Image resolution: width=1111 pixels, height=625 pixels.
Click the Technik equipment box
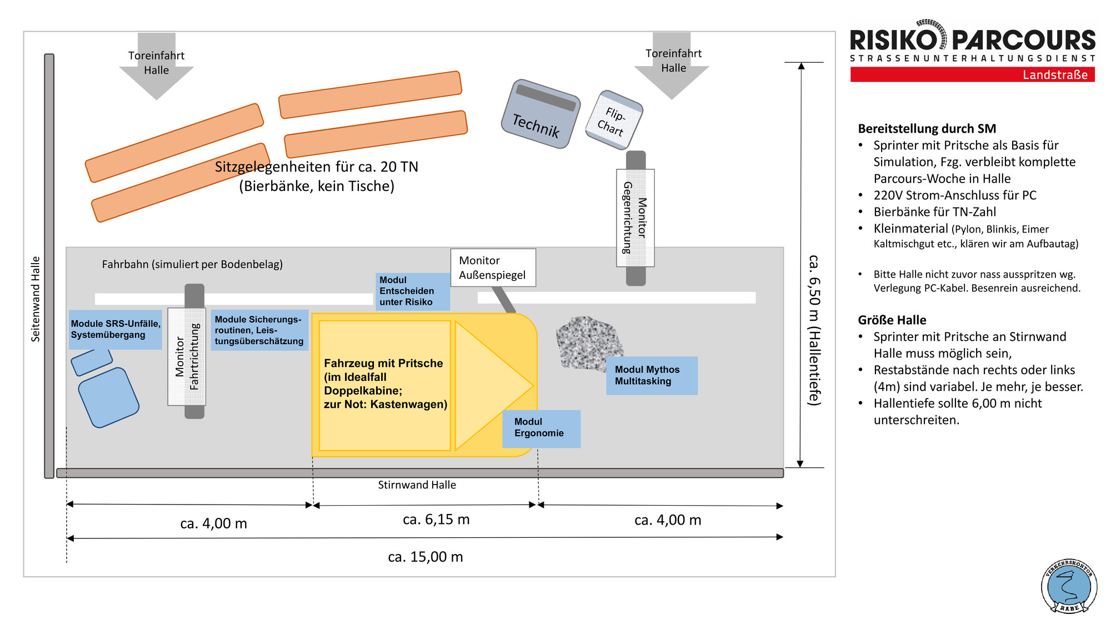(x=540, y=114)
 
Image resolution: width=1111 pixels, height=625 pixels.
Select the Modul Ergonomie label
(x=541, y=429)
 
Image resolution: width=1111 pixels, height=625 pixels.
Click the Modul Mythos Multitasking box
(x=651, y=376)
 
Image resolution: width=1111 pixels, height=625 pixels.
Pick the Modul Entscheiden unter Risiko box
(x=412, y=291)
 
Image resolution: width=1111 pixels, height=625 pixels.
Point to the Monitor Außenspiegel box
(x=493, y=268)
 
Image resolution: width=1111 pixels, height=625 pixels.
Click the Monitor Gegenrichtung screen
(x=635, y=218)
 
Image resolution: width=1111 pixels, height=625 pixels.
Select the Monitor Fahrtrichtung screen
(x=187, y=356)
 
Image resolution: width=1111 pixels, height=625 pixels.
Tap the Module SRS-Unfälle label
(x=115, y=330)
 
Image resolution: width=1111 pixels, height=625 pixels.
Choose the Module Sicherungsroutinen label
(x=259, y=330)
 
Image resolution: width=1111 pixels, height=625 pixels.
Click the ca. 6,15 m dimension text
(x=436, y=520)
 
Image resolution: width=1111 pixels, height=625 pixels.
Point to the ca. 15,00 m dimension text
(x=426, y=557)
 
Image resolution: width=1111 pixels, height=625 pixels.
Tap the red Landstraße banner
(x=972, y=75)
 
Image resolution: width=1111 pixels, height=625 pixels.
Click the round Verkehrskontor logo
(x=1069, y=586)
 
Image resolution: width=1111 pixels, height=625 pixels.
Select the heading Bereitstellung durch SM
(x=927, y=129)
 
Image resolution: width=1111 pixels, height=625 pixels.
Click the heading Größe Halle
(x=892, y=320)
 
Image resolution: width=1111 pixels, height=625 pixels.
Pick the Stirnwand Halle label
(x=417, y=485)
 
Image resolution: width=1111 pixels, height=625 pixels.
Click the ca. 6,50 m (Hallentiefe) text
(x=814, y=330)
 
